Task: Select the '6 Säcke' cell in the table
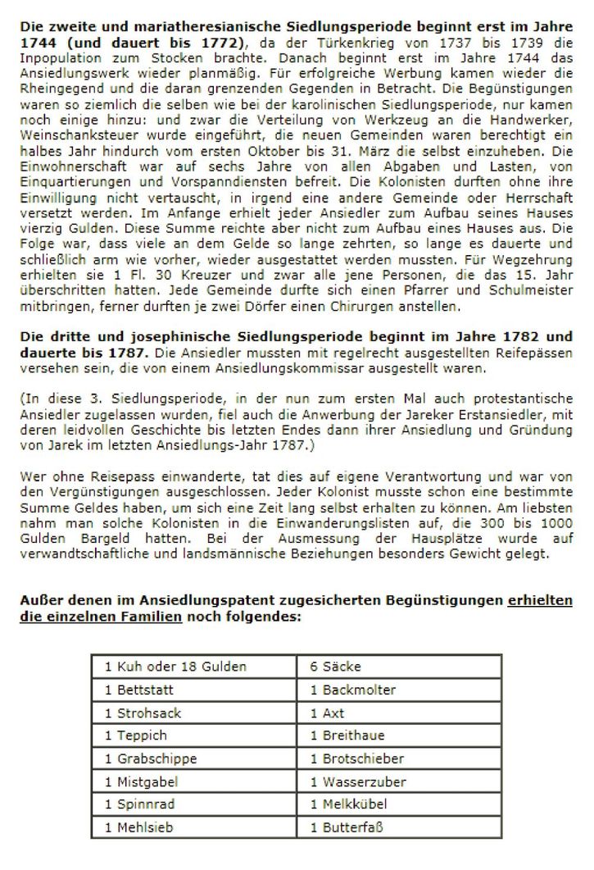click(336, 667)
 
